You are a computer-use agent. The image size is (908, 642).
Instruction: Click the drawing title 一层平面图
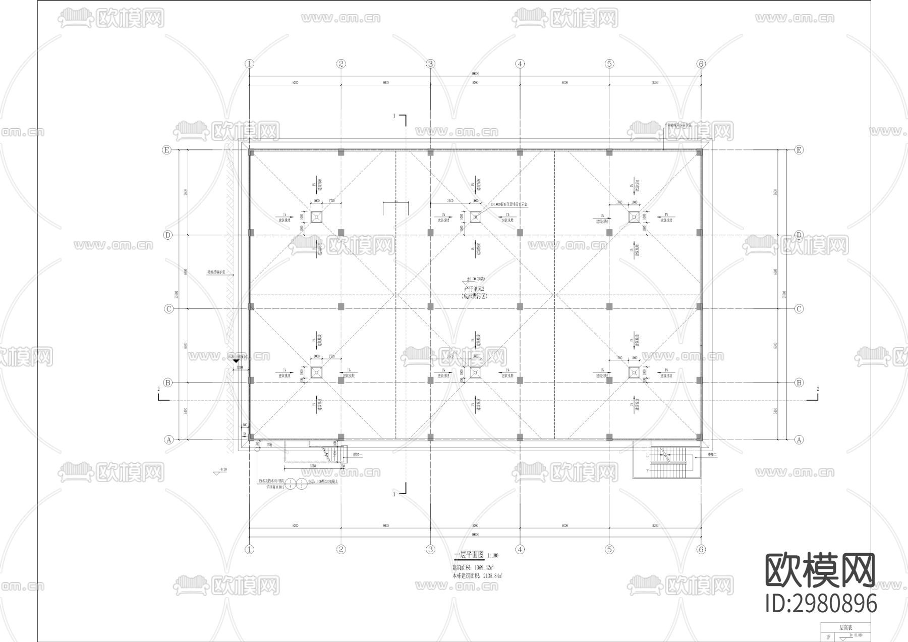pyautogui.click(x=469, y=555)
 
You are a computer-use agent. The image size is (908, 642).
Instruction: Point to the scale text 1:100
pyautogui.click(x=493, y=556)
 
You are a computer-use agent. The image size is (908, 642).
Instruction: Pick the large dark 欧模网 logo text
pyautogui.click(x=820, y=570)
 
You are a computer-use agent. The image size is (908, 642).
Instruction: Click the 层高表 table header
pyautogui.click(x=845, y=628)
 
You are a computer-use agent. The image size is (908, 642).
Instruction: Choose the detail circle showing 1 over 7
pyautogui.click(x=301, y=485)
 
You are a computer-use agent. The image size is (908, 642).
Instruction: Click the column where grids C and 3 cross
pyautogui.click(x=430, y=306)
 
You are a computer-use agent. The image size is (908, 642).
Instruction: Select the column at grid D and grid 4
pyautogui.click(x=520, y=233)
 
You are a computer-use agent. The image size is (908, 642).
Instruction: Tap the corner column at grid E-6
pyautogui.click(x=700, y=152)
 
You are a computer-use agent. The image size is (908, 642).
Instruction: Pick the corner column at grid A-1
pyautogui.click(x=251, y=437)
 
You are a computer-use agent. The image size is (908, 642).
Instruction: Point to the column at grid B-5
pyautogui.click(x=609, y=380)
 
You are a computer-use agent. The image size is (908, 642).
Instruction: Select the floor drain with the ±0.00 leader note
pyautogui.click(x=475, y=217)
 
